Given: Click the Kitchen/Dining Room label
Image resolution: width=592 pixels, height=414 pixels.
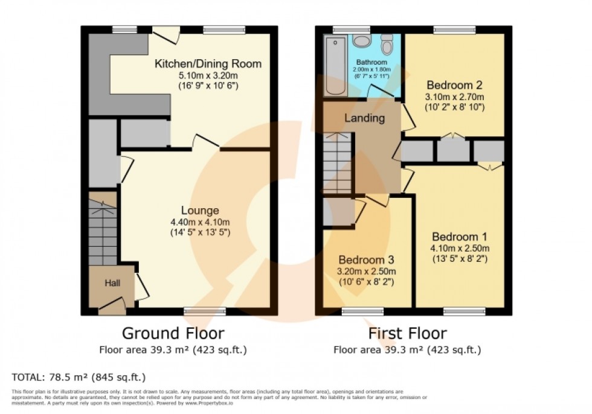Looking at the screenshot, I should pyautogui.click(x=208, y=63).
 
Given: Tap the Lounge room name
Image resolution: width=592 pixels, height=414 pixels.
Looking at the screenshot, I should pyautogui.click(x=200, y=211).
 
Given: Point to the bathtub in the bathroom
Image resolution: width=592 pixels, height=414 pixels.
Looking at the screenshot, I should pyautogui.click(x=334, y=66).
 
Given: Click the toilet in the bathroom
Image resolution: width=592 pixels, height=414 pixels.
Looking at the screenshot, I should pyautogui.click(x=387, y=44).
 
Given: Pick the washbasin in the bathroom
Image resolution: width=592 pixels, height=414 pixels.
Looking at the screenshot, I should pyautogui.click(x=362, y=41).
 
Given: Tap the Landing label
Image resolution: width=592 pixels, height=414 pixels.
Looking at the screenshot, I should pyautogui.click(x=364, y=118).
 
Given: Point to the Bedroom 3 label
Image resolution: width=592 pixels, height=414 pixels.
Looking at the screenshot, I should pyautogui.click(x=366, y=260).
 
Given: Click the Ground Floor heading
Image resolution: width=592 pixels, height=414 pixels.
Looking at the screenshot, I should pyautogui.click(x=173, y=333).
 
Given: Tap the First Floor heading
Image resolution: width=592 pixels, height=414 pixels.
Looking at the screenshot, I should pyautogui.click(x=408, y=333).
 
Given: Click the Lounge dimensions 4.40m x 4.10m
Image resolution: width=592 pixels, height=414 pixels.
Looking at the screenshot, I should pyautogui.click(x=200, y=221).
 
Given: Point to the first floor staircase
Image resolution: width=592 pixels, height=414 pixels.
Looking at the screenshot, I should pyautogui.click(x=338, y=164).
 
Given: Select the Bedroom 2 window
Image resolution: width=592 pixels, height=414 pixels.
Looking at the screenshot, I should pyautogui.click(x=454, y=28).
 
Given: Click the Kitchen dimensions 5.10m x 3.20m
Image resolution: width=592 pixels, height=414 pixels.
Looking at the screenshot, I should pyautogui.click(x=208, y=75).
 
